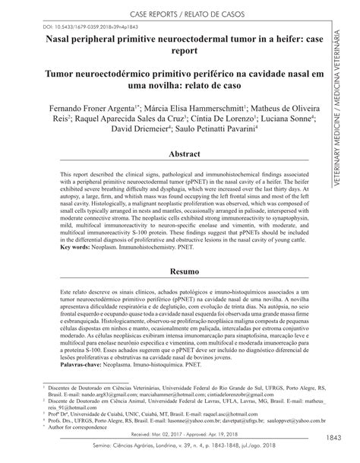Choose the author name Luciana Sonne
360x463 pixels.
coord(284,119)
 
